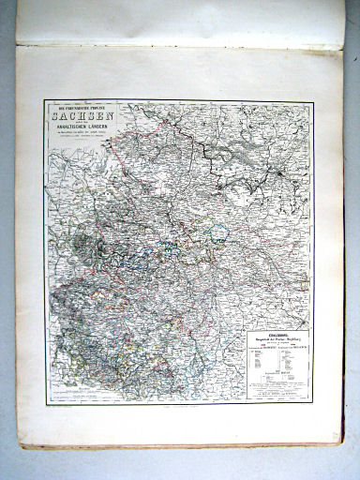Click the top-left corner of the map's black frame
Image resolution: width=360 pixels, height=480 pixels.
click(x=43, y=101)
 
